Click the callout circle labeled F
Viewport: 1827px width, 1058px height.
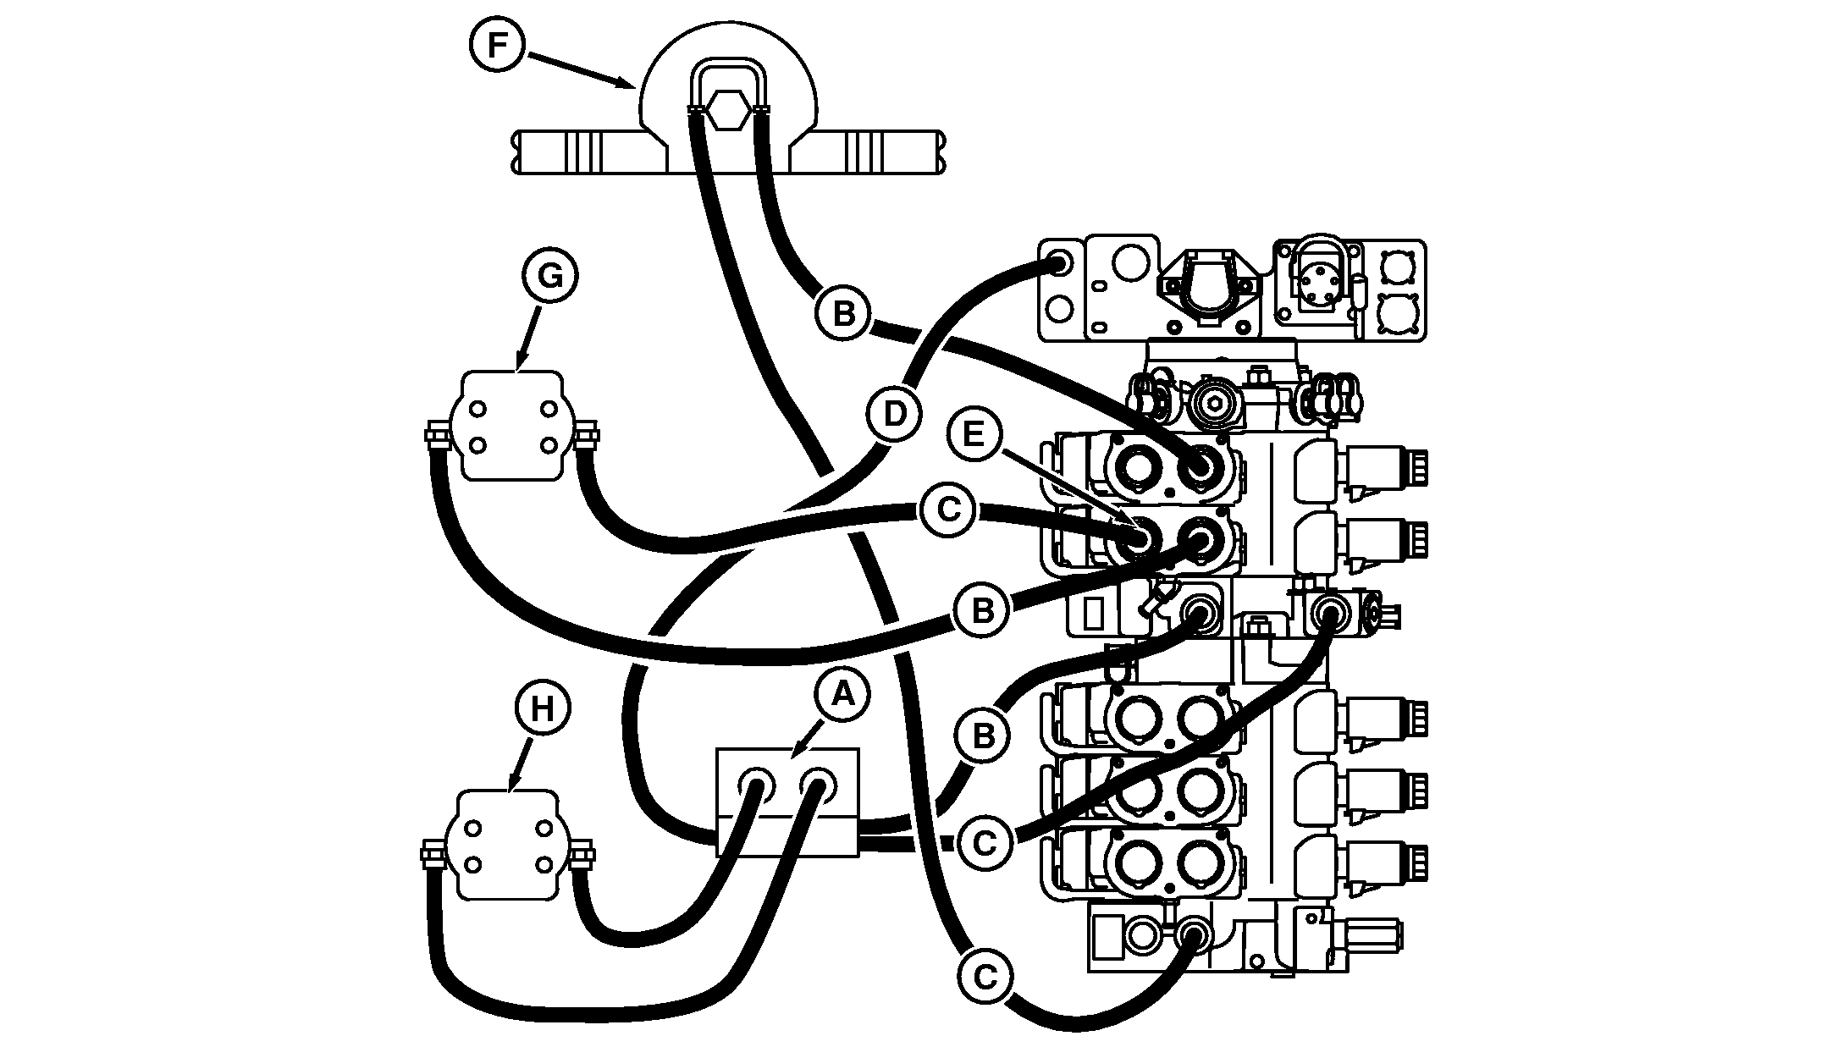pos(498,45)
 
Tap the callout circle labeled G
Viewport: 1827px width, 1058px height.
pos(550,277)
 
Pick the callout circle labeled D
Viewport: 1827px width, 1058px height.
pos(894,415)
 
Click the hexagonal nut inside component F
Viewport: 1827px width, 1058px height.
pos(728,110)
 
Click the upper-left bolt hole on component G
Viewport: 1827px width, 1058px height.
pos(478,409)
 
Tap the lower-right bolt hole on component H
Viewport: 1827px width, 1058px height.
pos(545,865)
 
